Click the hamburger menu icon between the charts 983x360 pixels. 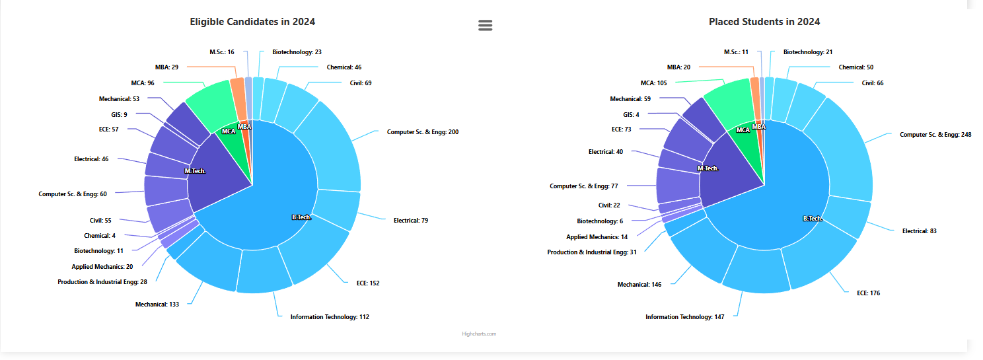(485, 25)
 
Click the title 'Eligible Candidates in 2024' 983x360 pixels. (252, 22)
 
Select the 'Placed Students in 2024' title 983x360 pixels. (764, 22)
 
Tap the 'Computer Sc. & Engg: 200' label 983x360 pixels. (423, 132)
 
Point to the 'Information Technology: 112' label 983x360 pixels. (330, 317)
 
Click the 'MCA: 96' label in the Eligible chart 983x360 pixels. (142, 83)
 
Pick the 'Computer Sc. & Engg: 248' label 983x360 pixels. (935, 135)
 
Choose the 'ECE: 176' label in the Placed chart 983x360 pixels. (868, 293)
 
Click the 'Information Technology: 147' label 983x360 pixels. (685, 317)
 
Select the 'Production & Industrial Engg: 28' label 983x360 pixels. (102, 282)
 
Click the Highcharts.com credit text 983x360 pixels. (479, 334)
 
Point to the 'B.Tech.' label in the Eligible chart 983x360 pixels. (301, 217)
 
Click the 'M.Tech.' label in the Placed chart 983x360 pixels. (708, 168)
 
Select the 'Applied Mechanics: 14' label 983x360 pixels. (597, 236)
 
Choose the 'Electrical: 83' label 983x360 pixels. (920, 231)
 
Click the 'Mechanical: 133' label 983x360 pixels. (157, 305)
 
